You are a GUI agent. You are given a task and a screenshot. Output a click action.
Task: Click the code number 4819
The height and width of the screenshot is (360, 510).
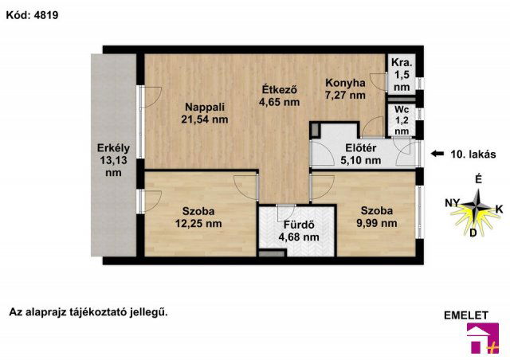tap(46, 15)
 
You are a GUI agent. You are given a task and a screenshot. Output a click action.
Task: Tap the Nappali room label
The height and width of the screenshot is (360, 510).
tap(205, 107)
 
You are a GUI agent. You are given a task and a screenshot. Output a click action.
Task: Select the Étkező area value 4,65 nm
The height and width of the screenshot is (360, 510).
tap(280, 102)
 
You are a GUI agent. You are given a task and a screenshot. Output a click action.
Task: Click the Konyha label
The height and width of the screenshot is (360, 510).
tap(345, 83)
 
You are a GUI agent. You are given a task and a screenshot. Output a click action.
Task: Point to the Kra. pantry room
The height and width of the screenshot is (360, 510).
tap(402, 74)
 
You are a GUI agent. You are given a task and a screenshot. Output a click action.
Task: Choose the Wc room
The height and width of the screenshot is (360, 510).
tap(402, 119)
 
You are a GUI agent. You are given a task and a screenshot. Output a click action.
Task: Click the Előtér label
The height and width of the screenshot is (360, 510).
tap(361, 148)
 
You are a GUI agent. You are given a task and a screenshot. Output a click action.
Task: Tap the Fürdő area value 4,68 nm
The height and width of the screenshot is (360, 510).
tap(299, 237)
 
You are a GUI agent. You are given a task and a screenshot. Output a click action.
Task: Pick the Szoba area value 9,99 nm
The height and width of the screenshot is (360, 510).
tap(377, 223)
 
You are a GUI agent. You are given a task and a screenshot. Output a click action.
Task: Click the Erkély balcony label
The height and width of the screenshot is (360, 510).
tap(113, 148)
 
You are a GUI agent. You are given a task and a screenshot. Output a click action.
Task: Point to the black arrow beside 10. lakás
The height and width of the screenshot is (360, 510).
tap(437, 154)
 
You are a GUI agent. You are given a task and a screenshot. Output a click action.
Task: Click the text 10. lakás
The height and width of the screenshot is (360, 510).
tap(473, 154)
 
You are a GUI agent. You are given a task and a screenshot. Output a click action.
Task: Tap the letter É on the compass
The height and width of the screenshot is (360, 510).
tap(478, 179)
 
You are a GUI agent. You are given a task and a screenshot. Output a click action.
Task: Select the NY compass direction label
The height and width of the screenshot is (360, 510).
tap(452, 203)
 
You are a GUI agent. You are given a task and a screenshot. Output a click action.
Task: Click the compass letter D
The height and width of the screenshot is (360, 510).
tap(473, 233)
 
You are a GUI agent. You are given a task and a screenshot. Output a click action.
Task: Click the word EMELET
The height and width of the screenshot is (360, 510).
tap(465, 315)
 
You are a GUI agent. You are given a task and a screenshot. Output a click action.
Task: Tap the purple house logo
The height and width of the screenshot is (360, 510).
tap(483, 338)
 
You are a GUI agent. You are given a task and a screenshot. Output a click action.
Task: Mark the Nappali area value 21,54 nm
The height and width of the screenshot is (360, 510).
tap(205, 119)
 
